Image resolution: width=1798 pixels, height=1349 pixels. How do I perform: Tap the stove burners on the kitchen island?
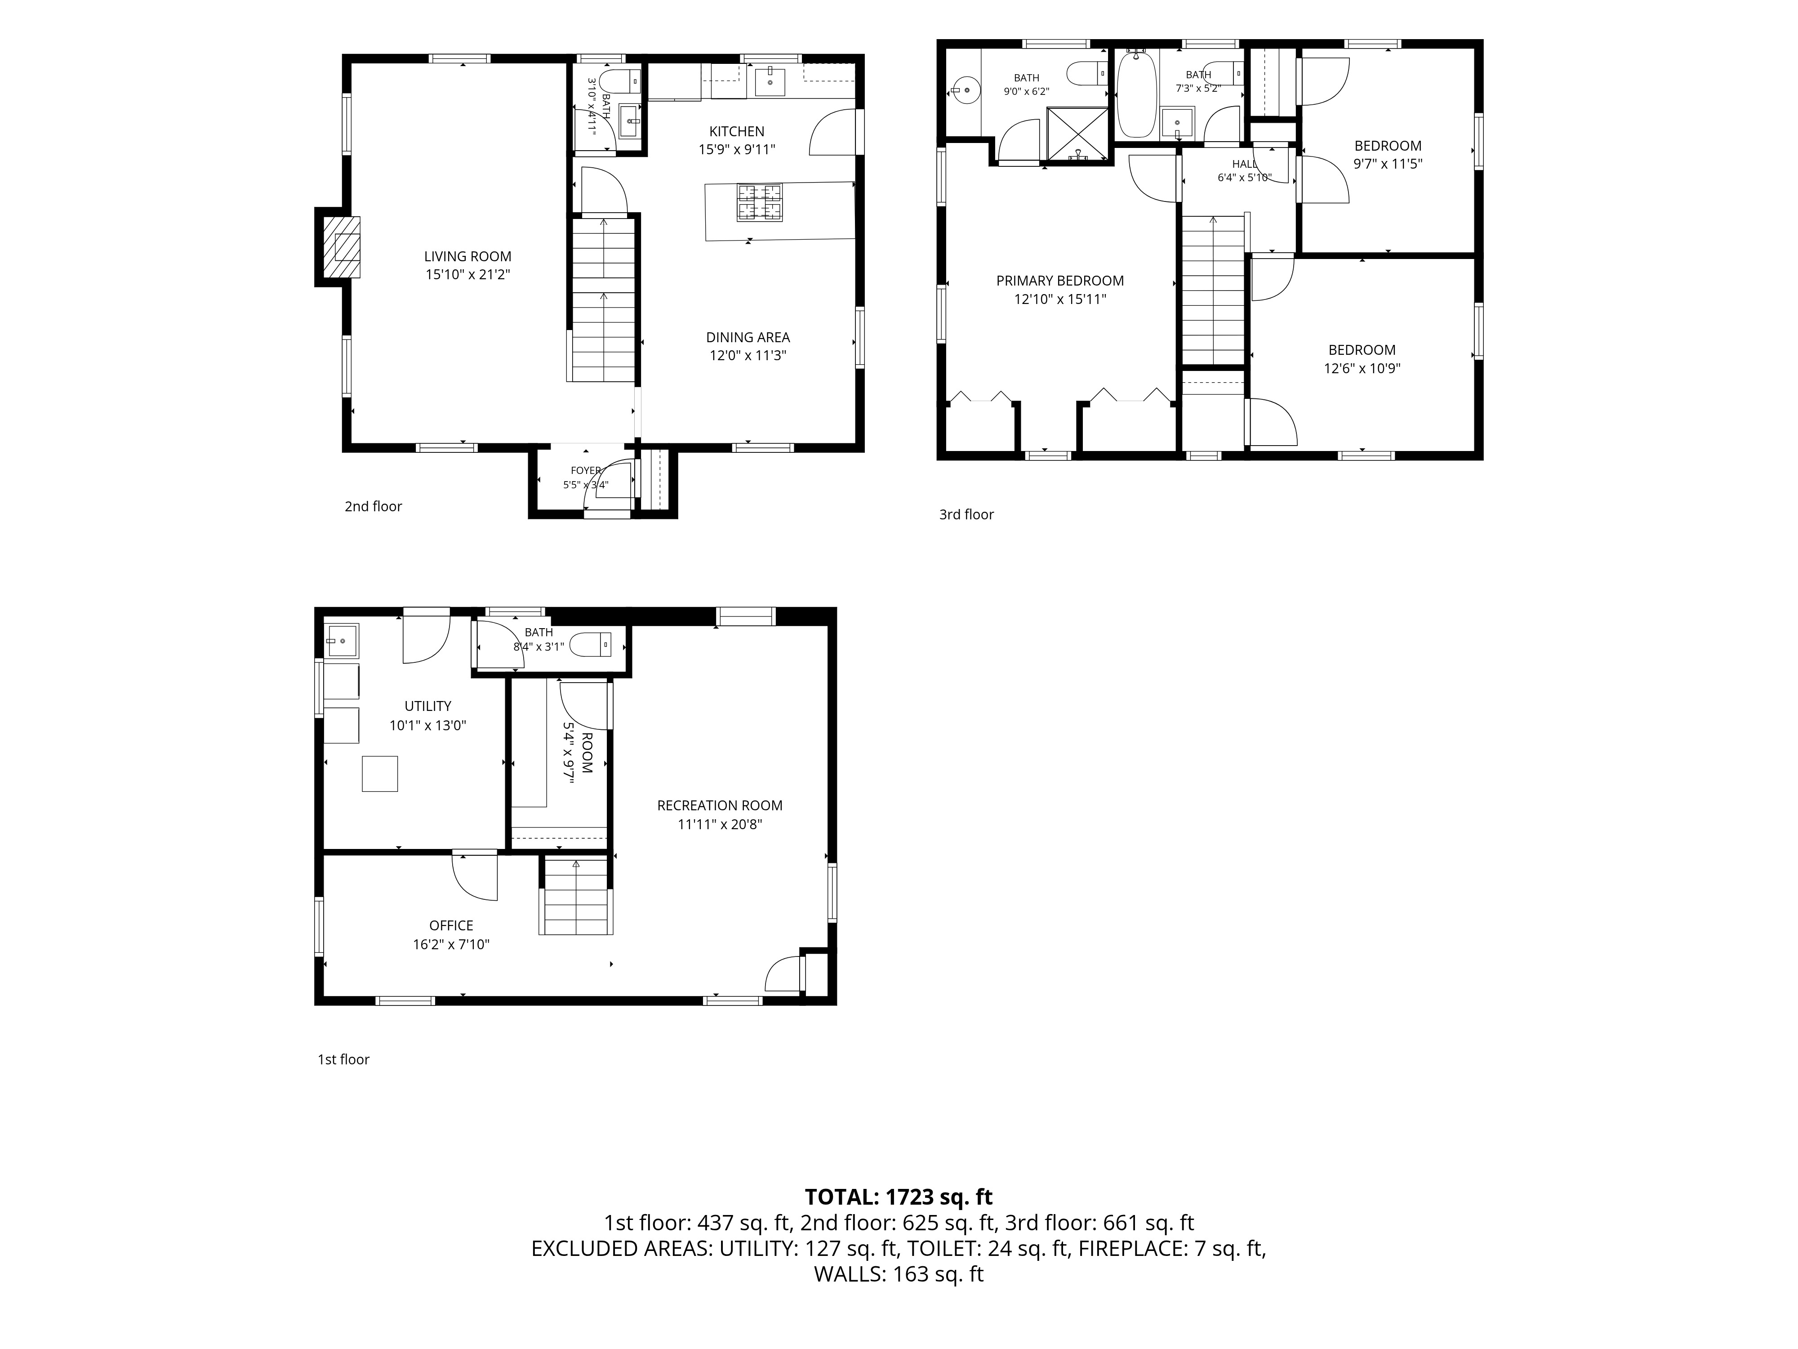coord(760,202)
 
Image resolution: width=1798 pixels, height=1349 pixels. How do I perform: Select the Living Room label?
coord(467,256)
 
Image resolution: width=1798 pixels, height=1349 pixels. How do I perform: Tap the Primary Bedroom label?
coord(1060,281)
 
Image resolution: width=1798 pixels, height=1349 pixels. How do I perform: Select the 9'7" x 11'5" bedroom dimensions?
coord(1388,163)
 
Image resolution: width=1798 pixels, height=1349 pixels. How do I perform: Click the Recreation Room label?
coord(719,805)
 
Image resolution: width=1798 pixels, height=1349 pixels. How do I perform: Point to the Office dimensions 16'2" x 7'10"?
coord(451,944)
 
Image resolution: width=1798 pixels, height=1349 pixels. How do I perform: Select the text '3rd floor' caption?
coord(966,514)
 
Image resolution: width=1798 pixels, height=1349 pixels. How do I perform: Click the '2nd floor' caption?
coord(373,506)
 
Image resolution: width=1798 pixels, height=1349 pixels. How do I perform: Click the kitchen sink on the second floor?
coord(770,81)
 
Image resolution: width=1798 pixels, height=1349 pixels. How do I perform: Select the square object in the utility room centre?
coord(379,773)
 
